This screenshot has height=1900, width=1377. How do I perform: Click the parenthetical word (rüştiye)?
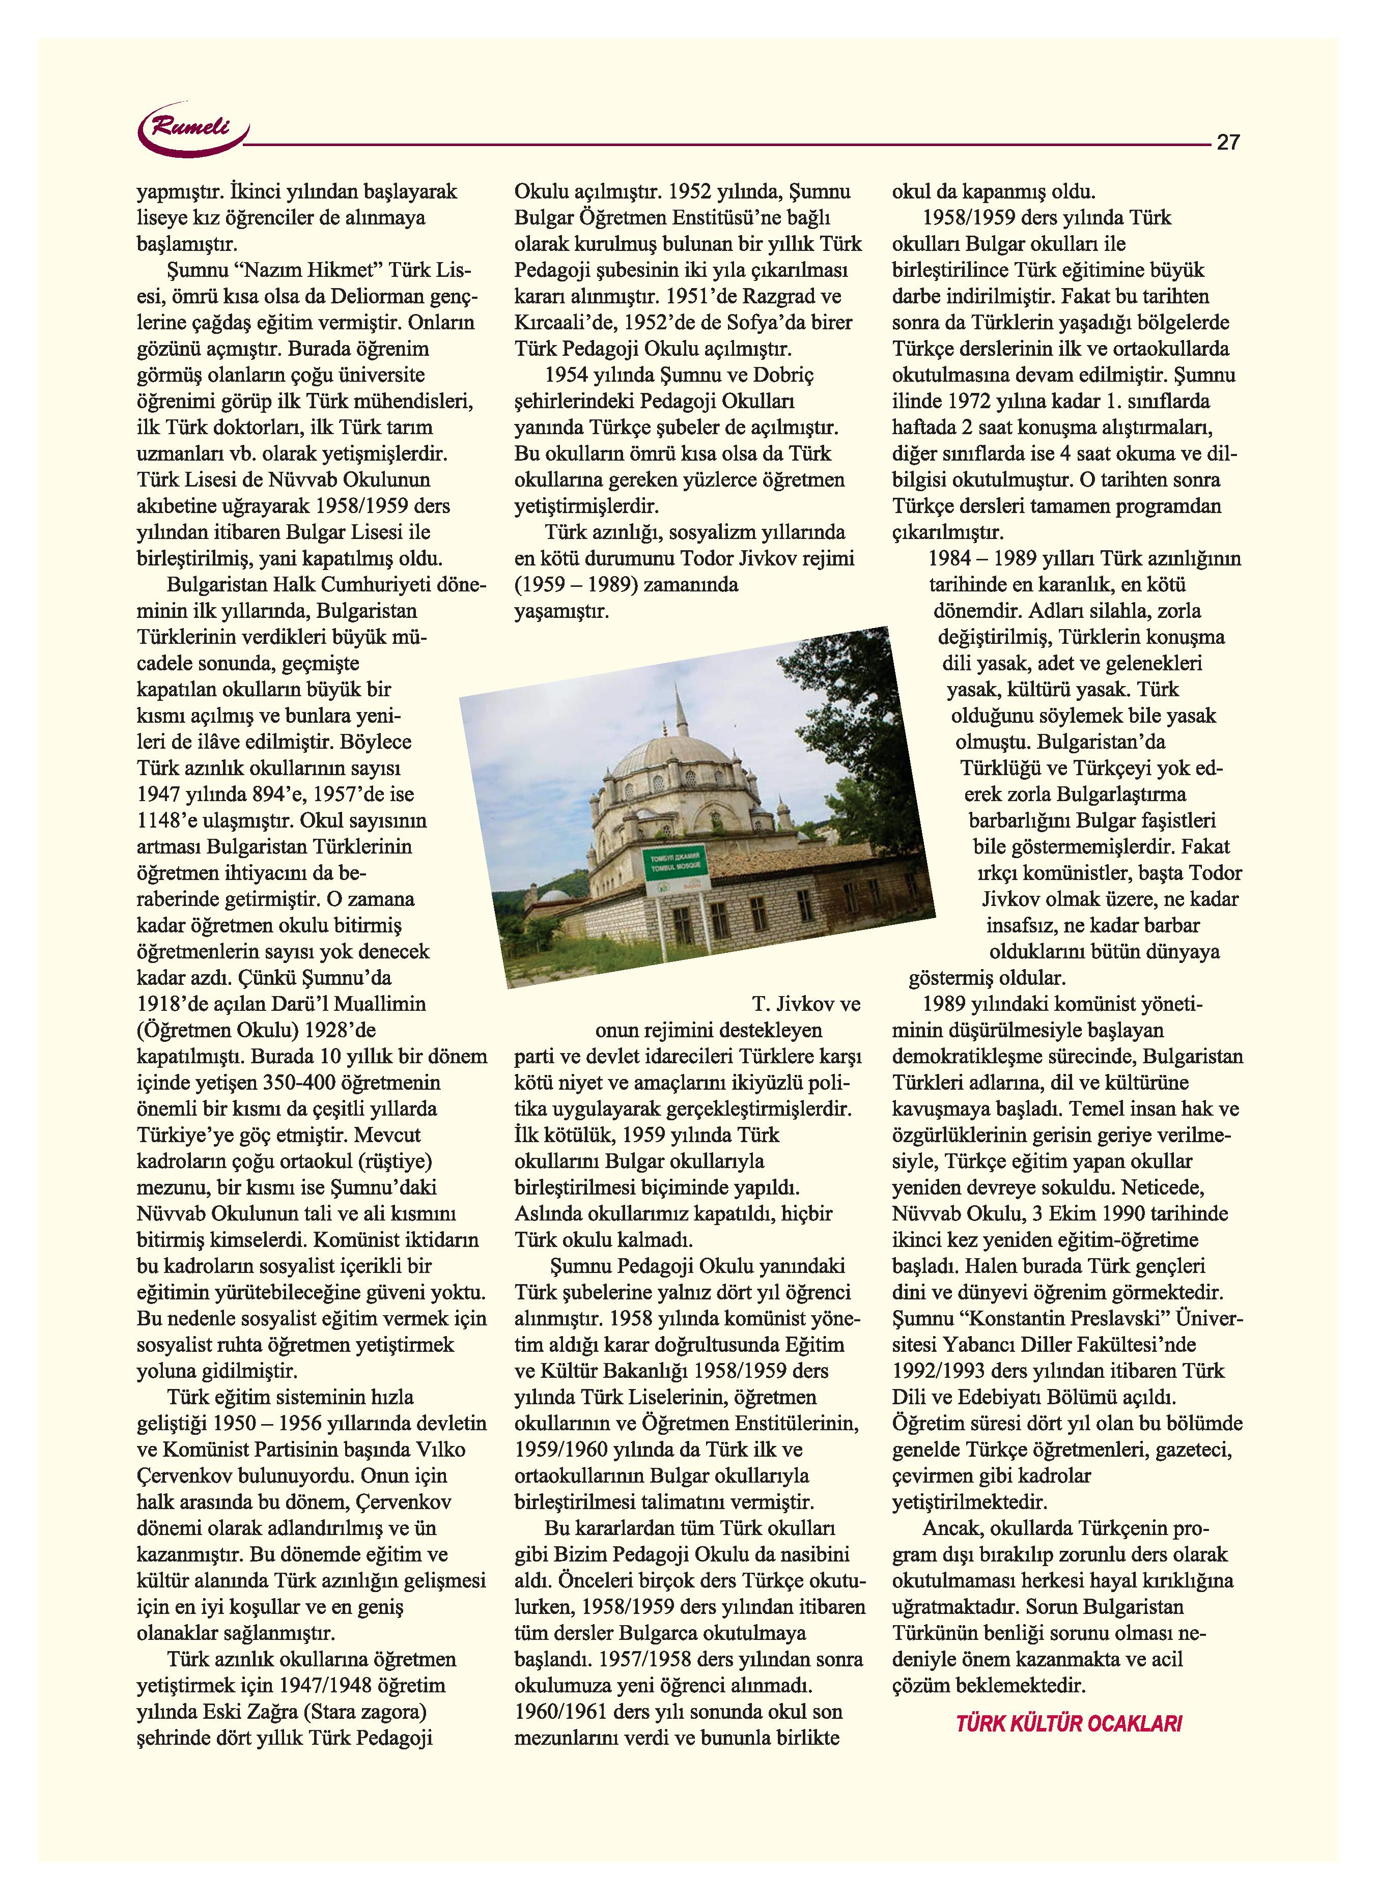pos(392,1162)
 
